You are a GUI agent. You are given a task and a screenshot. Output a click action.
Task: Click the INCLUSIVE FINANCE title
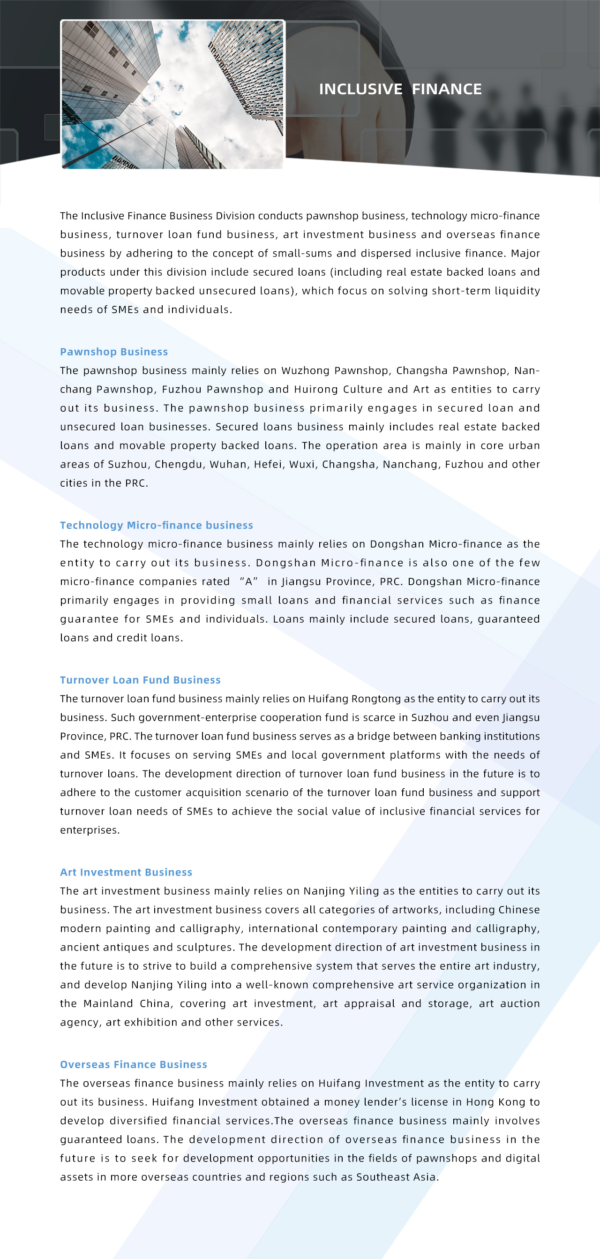tap(400, 89)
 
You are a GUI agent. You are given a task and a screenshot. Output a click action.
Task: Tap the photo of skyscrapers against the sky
tap(172, 94)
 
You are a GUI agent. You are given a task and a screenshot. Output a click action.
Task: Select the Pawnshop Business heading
tap(114, 352)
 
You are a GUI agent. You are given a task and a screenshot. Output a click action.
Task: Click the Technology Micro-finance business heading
tap(157, 525)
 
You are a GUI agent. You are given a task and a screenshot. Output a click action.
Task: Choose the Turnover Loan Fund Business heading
tap(140, 680)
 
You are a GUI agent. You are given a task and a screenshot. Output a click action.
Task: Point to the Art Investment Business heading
tap(126, 873)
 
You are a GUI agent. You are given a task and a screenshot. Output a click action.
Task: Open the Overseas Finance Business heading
tap(134, 1064)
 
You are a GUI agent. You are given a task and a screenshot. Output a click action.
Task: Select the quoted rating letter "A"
tap(249, 581)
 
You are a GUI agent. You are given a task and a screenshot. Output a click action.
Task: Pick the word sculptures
tap(204, 947)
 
